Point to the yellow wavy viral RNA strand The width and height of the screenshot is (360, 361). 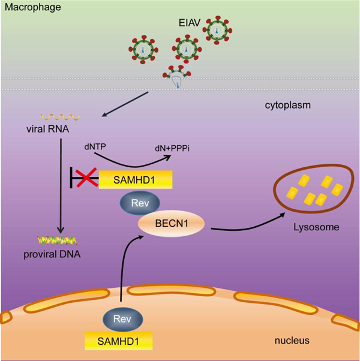click(56, 116)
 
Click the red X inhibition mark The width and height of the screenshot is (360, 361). click(85, 179)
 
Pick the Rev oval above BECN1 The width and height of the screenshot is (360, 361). click(135, 203)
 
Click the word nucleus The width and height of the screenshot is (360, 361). click(291, 341)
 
